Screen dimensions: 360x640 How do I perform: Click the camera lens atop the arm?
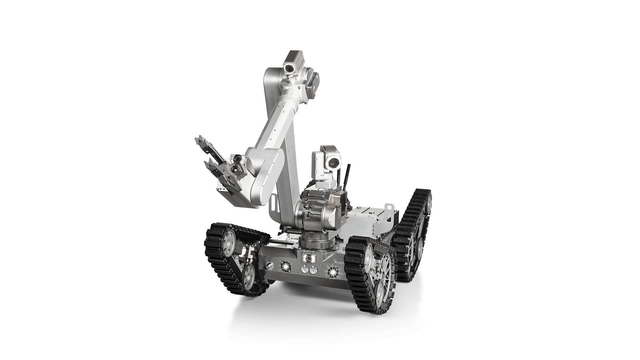tap(288, 68)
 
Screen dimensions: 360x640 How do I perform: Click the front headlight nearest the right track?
tap(332, 273)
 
